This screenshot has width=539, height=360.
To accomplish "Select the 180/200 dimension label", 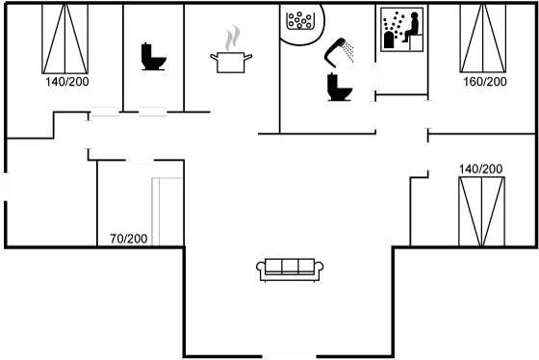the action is pos(486,83).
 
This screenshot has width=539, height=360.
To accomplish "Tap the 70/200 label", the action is pos(128,237).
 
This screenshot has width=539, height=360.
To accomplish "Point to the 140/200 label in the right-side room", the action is pos(481,169).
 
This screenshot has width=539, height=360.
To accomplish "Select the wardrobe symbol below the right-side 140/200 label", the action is pos(481,209).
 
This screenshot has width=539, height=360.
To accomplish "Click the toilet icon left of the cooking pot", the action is pos(150,58).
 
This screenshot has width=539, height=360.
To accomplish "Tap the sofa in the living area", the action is pos(289,269).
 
